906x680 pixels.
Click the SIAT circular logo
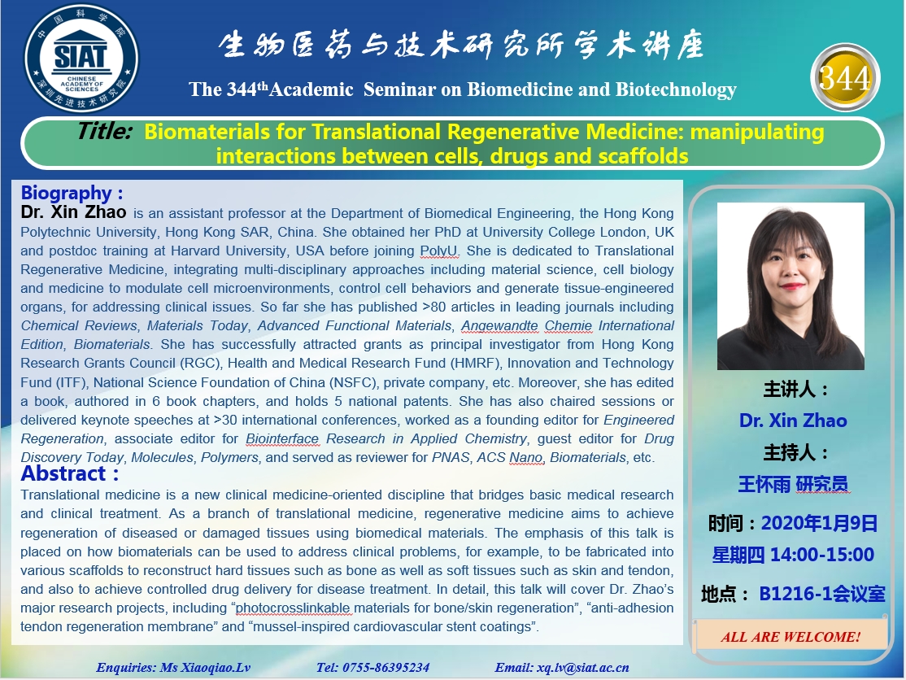(x=81, y=59)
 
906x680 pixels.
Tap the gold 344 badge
(x=845, y=77)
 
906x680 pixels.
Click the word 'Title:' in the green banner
(x=105, y=131)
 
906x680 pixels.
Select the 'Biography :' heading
(x=72, y=193)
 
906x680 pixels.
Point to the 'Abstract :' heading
(x=70, y=473)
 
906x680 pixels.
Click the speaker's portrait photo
(x=791, y=286)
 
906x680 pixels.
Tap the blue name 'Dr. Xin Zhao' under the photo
(x=793, y=421)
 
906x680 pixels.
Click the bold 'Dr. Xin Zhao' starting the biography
(x=73, y=212)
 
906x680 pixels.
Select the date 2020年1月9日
(x=819, y=523)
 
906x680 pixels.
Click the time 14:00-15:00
(x=821, y=555)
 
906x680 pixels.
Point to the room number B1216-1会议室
(x=821, y=593)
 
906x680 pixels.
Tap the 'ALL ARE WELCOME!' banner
(x=791, y=637)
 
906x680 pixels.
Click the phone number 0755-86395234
(x=385, y=667)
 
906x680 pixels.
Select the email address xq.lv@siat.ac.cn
(x=582, y=667)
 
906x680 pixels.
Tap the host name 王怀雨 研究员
(x=793, y=484)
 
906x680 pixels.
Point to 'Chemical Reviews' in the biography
(x=79, y=326)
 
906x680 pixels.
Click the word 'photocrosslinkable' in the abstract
(x=293, y=608)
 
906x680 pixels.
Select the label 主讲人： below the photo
(x=796, y=390)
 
